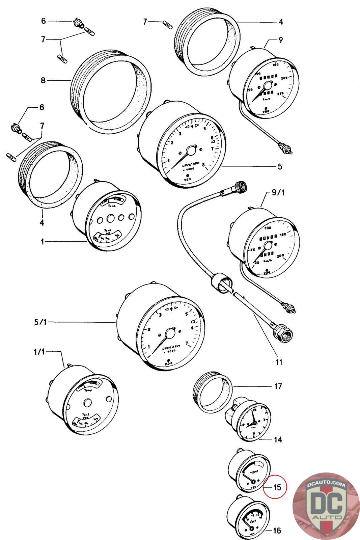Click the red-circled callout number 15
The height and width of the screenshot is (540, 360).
tap(277, 487)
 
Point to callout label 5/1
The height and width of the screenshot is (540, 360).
tap(40, 322)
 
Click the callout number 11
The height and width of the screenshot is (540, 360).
tap(279, 362)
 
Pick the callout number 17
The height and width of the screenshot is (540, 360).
tap(278, 386)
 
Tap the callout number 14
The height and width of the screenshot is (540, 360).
tap(278, 440)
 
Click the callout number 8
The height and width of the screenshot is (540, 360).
tap(43, 80)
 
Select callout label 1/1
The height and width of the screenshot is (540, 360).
tap(39, 351)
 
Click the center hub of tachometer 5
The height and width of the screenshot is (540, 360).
tap(191, 151)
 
